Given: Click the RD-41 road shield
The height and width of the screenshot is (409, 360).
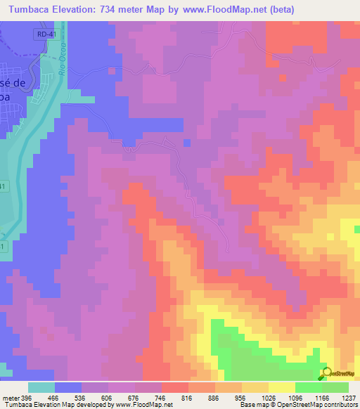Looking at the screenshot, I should (44, 34).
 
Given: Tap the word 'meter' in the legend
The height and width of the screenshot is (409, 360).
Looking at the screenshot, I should (12, 397).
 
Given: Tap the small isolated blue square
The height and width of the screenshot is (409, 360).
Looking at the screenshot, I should (187, 143).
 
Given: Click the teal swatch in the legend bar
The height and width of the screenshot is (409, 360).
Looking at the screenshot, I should (41, 387).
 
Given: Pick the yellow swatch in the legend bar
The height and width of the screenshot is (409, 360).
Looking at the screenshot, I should (282, 387).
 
